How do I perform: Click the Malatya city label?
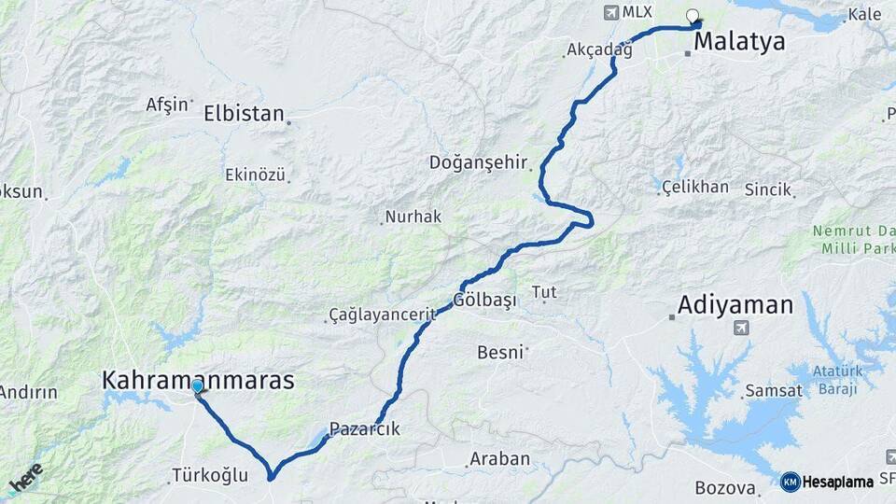click(738, 42)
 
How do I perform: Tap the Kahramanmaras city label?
click(198, 380)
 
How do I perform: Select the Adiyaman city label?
click(735, 304)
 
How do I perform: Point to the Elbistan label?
click(244, 114)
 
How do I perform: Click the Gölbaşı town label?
click(484, 301)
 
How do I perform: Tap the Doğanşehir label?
click(479, 162)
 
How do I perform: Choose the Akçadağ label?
click(599, 50)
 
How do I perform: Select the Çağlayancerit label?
click(383, 315)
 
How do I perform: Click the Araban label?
click(499, 459)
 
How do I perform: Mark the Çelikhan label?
click(695, 187)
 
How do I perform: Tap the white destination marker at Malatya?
click(693, 16)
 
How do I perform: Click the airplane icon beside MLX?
click(611, 12)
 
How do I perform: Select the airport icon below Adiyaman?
click(742, 328)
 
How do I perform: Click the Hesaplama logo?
click(827, 482)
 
